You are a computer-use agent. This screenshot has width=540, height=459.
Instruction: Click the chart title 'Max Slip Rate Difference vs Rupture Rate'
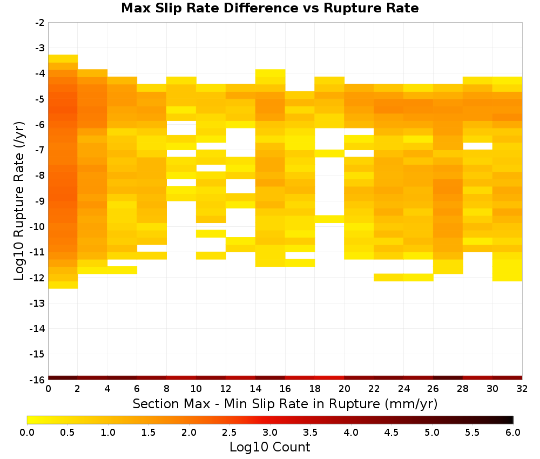click(269, 8)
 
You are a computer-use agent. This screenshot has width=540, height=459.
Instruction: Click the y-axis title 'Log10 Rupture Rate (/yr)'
click(19, 201)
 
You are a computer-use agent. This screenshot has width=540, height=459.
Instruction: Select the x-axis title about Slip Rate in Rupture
click(285, 403)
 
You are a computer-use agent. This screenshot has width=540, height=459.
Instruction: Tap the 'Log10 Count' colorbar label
click(269, 447)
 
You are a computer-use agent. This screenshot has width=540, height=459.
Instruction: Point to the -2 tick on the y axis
click(40, 23)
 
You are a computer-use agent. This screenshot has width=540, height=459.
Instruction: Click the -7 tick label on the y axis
click(40, 150)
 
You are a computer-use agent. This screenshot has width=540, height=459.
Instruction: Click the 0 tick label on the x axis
click(48, 389)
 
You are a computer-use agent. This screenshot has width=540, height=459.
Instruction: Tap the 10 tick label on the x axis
click(196, 389)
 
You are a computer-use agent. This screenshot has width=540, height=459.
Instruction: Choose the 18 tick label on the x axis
click(315, 389)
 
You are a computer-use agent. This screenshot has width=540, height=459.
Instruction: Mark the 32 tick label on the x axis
click(522, 389)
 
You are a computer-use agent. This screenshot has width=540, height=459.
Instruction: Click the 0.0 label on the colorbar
click(27, 432)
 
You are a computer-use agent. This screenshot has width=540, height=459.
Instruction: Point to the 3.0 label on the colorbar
click(269, 432)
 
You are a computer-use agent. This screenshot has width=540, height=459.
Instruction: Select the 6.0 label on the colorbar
click(513, 432)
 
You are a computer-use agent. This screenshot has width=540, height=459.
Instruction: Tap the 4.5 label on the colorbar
click(391, 432)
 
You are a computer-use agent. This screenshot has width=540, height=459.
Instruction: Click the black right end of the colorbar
click(510, 420)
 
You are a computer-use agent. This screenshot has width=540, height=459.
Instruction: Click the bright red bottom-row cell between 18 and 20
click(329, 378)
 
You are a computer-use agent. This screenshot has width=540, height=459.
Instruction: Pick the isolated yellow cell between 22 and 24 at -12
click(388, 277)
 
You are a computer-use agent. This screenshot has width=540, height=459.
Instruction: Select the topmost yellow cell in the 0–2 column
click(63, 58)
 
